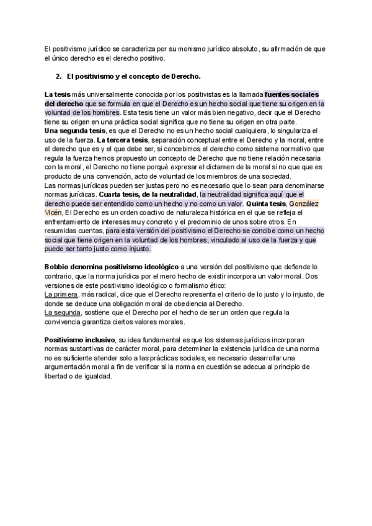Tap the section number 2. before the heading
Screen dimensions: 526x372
click(59, 76)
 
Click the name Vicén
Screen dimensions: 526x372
click(54, 213)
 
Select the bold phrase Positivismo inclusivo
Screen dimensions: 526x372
click(80, 341)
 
